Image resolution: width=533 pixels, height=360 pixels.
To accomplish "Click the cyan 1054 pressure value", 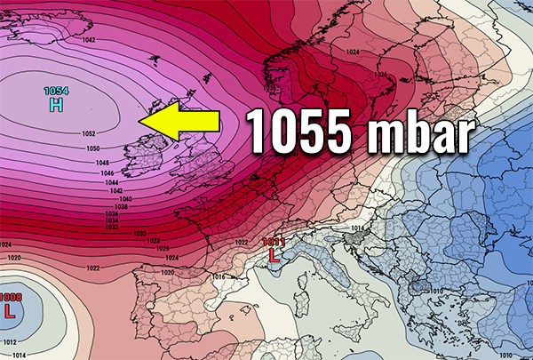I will click(x=56, y=92).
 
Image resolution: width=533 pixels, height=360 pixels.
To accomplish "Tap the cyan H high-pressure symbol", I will click(x=56, y=106).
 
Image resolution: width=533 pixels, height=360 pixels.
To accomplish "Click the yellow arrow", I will click(x=182, y=121).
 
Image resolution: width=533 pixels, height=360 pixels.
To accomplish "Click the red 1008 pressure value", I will click(x=10, y=298).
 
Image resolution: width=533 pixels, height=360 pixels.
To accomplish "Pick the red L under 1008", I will click(x=10, y=312).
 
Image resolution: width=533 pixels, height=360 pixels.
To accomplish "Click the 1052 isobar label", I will click(x=89, y=134).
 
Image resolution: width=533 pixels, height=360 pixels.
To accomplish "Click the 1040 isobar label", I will click(x=125, y=198).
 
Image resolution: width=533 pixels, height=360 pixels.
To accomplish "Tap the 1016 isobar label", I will click(x=219, y=277).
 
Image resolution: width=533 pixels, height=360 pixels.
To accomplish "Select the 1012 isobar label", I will click(x=9, y=341).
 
